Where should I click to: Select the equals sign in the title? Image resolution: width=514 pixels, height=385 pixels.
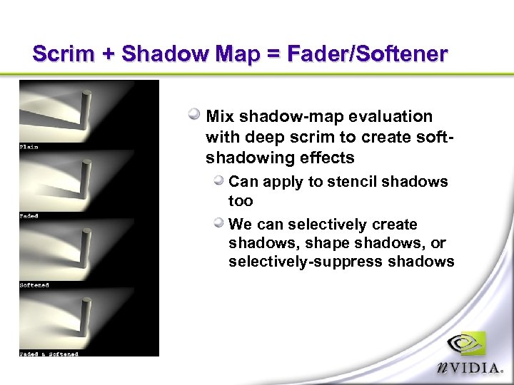[x=276, y=54]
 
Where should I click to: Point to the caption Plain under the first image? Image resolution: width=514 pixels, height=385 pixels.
[x=29, y=147]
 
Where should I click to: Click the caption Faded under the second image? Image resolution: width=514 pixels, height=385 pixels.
[x=29, y=216]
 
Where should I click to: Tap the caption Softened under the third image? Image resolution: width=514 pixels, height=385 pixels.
[x=34, y=285]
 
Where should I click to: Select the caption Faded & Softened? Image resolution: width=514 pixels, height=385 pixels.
[x=49, y=354]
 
